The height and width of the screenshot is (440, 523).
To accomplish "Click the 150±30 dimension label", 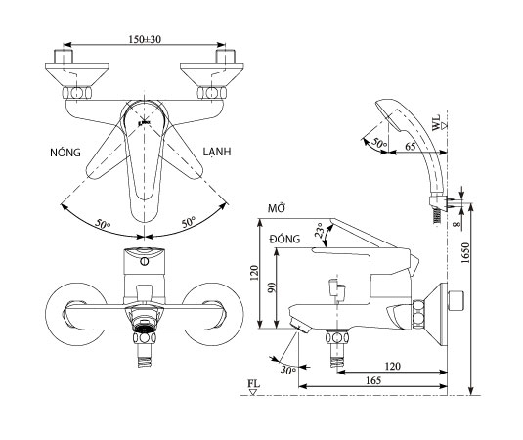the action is click(145, 39).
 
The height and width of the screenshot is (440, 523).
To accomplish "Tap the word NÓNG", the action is click(65, 153).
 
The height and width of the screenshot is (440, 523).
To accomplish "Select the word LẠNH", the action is click(217, 152).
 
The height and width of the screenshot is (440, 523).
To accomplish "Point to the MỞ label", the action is click(277, 209).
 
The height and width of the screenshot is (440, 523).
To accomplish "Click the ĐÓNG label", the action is click(285, 239).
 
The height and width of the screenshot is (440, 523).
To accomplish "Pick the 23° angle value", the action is click(320, 230).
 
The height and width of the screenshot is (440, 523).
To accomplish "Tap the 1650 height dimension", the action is click(465, 253).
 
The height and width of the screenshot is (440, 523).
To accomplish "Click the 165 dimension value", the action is click(373, 380).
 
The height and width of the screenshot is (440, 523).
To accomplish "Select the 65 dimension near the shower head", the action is click(411, 146).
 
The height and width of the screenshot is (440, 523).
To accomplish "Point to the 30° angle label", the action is click(288, 371).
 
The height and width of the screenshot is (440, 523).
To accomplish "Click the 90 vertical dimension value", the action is click(272, 287).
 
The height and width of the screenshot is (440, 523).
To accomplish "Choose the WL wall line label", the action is click(436, 122).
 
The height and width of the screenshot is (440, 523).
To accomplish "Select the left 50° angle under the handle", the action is click(103, 224).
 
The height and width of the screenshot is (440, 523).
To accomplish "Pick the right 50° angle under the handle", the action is click(189, 222).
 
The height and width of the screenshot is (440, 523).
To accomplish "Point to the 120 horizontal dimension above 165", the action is click(393, 366).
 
